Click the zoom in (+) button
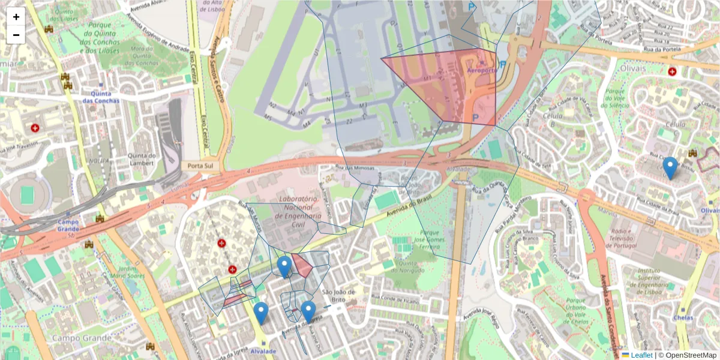point(16,17)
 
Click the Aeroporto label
point(482,70)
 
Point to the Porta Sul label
point(200,166)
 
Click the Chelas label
point(683,317)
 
